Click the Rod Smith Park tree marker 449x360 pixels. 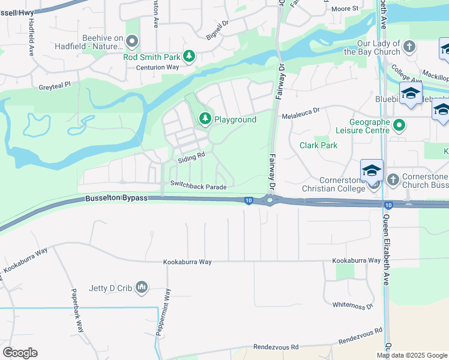[x=189, y=56]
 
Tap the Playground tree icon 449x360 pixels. [x=205, y=119]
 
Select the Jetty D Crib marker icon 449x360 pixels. [x=142, y=288]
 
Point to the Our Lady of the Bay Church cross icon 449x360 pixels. [x=409, y=47]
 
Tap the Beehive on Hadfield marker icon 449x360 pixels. [x=132, y=41]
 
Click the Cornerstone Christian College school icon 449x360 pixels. [x=371, y=170]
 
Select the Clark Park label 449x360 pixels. [x=318, y=145]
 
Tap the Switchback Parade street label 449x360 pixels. [x=198, y=187]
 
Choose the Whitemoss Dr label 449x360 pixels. [x=352, y=305]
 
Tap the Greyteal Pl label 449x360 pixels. [x=55, y=85]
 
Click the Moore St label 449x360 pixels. [x=345, y=9]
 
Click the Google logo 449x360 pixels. [x=20, y=352]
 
